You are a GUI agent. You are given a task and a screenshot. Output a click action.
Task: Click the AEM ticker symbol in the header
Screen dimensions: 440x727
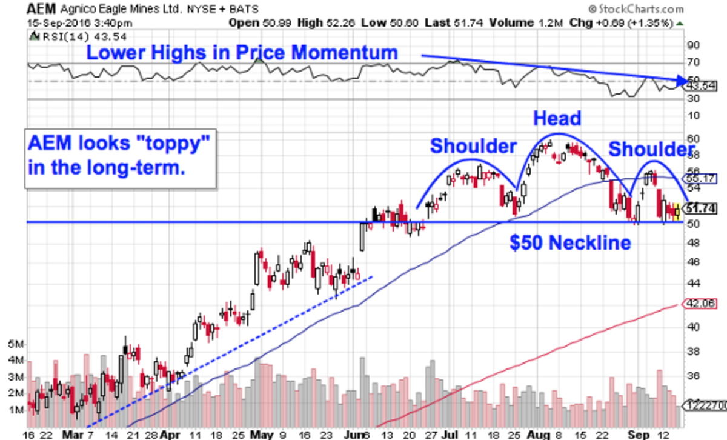click(38, 9)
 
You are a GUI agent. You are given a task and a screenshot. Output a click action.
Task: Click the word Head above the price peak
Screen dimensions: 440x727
click(557, 118)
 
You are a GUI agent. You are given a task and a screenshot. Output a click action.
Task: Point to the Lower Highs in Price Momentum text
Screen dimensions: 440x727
click(242, 52)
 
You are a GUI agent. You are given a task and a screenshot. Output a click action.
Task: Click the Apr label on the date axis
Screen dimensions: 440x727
click(173, 434)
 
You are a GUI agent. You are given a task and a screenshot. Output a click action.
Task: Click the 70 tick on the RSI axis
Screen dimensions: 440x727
click(692, 62)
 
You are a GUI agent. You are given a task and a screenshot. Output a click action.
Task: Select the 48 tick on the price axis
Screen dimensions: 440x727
click(692, 243)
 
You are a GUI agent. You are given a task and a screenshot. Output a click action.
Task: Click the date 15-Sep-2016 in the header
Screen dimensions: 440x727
click(55, 23)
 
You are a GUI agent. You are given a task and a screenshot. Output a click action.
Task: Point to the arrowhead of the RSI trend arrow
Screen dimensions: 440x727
click(685, 79)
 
